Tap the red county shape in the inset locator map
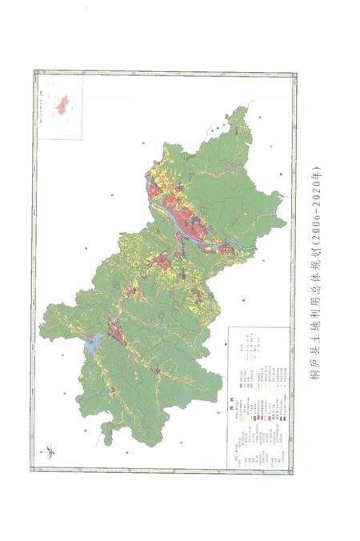coord(62,102)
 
